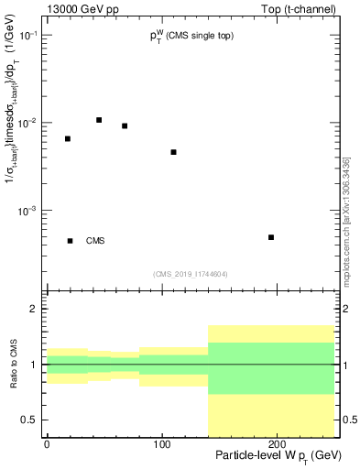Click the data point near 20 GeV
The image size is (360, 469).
tap(68, 138)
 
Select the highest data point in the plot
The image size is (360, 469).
tap(99, 120)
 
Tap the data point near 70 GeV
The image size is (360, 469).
tap(125, 126)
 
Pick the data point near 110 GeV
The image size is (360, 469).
tap(173, 152)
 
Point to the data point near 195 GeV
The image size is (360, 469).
tap(271, 237)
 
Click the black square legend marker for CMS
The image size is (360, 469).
tap(71, 241)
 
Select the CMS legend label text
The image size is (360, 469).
tap(95, 241)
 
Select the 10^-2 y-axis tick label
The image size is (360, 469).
tap(28, 123)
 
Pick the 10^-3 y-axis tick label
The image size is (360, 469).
tap(28, 211)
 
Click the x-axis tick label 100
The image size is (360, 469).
tap(162, 443)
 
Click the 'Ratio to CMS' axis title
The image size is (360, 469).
tap(14, 365)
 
